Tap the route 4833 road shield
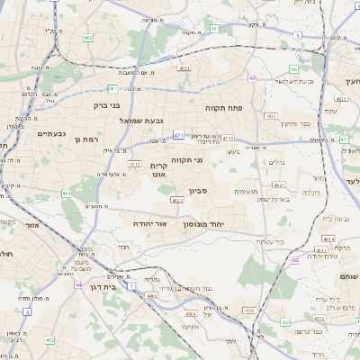271,115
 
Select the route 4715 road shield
228,138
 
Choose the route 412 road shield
49,339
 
